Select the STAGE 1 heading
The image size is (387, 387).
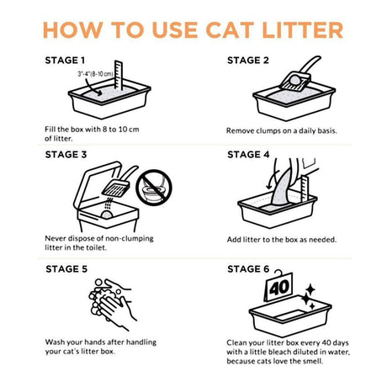tap(65, 61)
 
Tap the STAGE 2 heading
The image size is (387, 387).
tap(247, 61)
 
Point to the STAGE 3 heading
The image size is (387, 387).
tap(65, 155)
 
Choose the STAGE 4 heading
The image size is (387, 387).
tap(247, 155)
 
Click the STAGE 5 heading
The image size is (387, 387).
tap(65, 269)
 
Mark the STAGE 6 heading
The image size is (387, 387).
tap(247, 269)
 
